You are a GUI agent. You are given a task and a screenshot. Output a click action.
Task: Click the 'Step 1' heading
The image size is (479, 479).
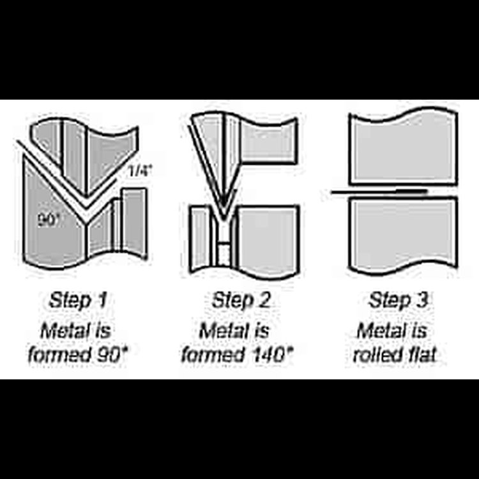pos(77,301)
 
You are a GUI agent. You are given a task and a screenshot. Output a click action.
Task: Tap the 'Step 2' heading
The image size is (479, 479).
pos(241,301)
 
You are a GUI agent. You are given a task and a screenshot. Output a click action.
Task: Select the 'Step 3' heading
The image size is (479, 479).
pos(399,301)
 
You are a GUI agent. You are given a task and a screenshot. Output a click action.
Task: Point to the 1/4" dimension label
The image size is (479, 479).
pos(140,171)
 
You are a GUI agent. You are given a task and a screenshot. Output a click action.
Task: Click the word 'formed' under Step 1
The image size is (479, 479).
pos(60,354)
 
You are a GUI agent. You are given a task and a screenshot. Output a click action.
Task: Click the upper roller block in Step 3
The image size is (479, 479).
pos(403,147)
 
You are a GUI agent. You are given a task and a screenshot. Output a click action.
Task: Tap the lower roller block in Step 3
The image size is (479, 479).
pos(403,236)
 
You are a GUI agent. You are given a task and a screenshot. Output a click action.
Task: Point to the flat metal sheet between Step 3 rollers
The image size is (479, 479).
pos(380,192)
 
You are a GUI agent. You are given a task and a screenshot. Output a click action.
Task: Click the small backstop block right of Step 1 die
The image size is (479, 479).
pos(134,222)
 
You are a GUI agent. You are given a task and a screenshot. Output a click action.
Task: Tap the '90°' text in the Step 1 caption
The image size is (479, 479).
pos(112,354)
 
